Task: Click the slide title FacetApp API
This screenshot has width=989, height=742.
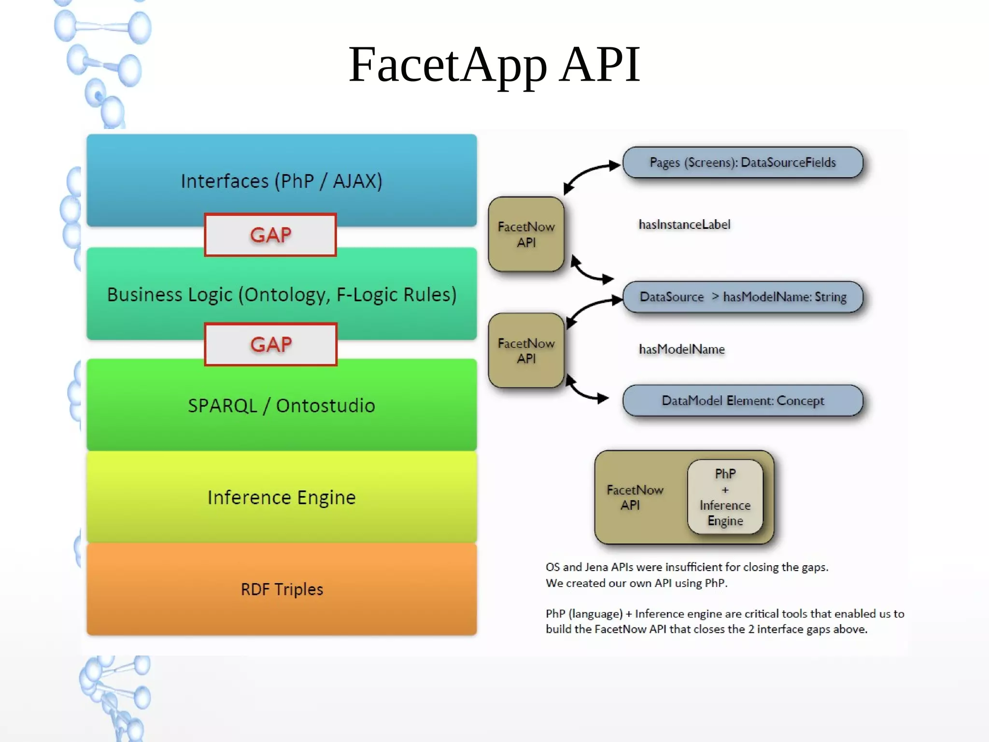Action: [x=494, y=65]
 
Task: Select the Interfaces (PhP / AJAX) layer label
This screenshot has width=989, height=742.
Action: [x=282, y=181]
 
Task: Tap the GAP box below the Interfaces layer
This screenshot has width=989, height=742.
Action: [x=270, y=235]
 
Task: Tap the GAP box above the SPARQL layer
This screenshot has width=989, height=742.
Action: [x=270, y=344]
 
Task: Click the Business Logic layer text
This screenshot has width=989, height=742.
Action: [x=282, y=294]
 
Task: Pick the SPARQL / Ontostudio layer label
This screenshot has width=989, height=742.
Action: [x=282, y=406]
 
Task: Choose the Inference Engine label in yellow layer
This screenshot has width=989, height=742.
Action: [x=282, y=497]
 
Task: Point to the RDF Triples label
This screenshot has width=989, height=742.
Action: [x=282, y=589]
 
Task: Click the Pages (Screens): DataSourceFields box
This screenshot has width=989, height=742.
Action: [x=742, y=162]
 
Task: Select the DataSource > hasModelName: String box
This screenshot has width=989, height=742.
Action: [x=742, y=297]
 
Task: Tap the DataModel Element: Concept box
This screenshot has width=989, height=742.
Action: [x=742, y=401]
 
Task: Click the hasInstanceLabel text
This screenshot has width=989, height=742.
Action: [x=684, y=224]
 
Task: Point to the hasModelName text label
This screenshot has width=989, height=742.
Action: [x=681, y=349]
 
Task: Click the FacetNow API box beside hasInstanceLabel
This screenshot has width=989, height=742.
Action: [x=526, y=234]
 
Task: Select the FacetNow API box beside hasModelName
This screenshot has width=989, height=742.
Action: [x=526, y=350]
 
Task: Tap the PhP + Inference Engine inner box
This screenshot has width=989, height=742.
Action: [x=725, y=497]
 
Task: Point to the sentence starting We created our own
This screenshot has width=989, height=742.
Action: [x=636, y=583]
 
